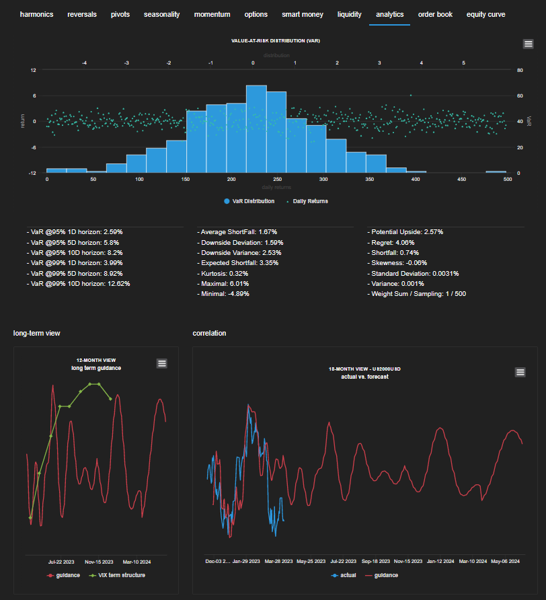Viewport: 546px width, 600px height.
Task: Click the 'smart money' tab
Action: point(302,14)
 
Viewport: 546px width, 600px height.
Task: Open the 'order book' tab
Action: point(435,14)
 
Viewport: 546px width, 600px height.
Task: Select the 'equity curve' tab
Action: point(485,14)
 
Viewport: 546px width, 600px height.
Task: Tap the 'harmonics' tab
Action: point(36,14)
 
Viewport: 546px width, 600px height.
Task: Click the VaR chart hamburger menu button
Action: point(529,44)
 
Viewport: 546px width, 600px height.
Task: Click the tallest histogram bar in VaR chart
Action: point(256,128)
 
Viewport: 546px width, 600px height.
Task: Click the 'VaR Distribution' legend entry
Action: point(248,201)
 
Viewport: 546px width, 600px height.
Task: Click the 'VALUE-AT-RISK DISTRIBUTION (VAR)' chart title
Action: point(275,41)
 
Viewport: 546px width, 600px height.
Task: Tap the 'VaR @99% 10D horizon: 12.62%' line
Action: point(80,284)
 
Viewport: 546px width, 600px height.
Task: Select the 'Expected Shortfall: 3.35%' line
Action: point(239,263)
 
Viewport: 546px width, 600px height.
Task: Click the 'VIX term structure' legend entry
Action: point(122,575)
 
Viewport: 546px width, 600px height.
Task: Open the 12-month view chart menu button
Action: point(161,363)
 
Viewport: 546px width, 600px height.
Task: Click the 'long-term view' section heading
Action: point(37,333)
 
